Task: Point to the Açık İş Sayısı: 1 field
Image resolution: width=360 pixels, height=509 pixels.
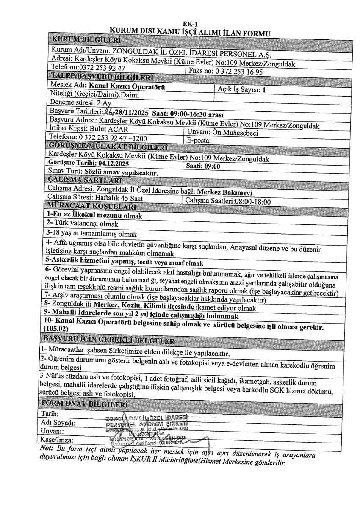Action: tap(241, 89)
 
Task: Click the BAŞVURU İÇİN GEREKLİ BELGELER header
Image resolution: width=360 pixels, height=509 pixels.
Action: tap(109, 340)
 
